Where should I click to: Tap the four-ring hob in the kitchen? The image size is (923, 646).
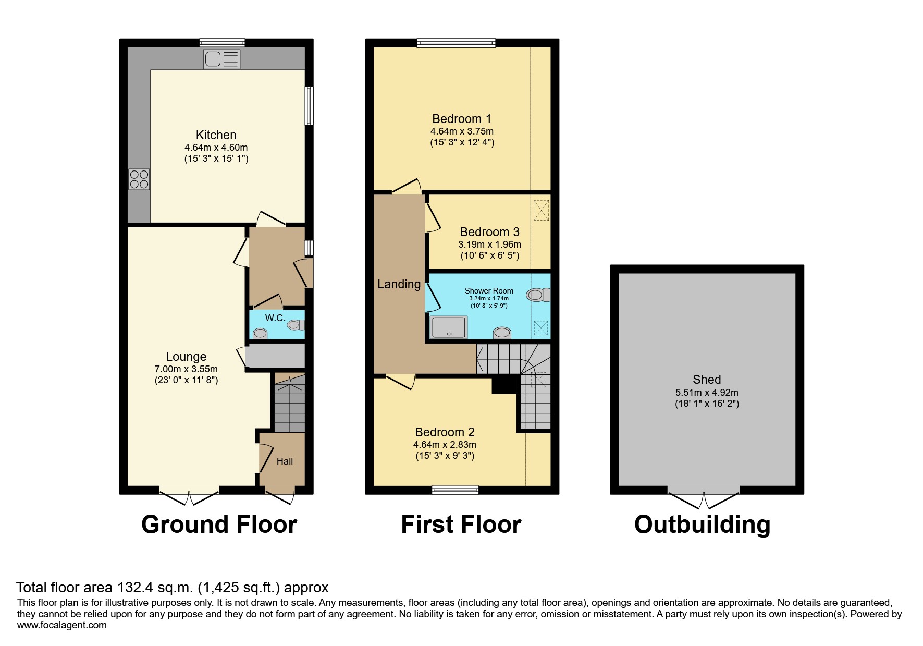coord(139,179)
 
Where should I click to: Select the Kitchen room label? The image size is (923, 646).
coord(216,135)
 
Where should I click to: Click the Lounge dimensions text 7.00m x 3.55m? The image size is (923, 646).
coord(186,369)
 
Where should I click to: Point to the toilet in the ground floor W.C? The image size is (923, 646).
coord(295,325)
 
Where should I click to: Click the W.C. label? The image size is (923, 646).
coord(275,318)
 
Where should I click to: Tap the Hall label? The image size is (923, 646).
coord(285,461)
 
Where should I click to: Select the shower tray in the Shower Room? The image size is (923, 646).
coord(448,327)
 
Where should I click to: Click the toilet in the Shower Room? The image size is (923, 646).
coord(537,295)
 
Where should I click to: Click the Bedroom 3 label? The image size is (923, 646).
coord(489,232)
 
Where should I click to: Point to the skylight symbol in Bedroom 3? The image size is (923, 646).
coord(541,210)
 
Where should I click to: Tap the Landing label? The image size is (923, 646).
coord(399,284)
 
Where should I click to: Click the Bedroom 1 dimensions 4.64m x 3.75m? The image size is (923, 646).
coord(462,131)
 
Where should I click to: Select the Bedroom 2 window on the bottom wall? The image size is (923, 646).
coord(455,490)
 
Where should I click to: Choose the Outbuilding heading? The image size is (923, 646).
coord(702,525)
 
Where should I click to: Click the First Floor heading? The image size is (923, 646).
coord(461,525)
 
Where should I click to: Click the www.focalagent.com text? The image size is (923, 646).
coord(61,625)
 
